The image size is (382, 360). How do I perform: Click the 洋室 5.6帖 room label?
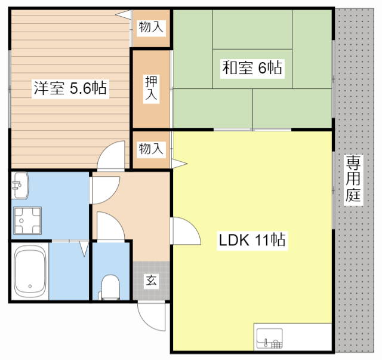tap(70, 89)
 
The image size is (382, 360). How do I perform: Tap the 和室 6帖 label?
tap(252, 67)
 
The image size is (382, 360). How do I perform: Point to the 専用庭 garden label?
tap(354, 179)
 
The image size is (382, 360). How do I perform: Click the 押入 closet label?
tap(151, 88)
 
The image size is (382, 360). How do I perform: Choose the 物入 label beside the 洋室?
tap(151, 26)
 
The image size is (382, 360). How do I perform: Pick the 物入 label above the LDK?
tap(151, 149)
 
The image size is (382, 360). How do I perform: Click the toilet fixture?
tap(110, 287)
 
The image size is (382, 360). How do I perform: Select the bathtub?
tap(30, 272)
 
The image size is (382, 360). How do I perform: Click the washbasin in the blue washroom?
tap(19, 184)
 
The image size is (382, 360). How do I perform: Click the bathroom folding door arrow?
tap(83, 247)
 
